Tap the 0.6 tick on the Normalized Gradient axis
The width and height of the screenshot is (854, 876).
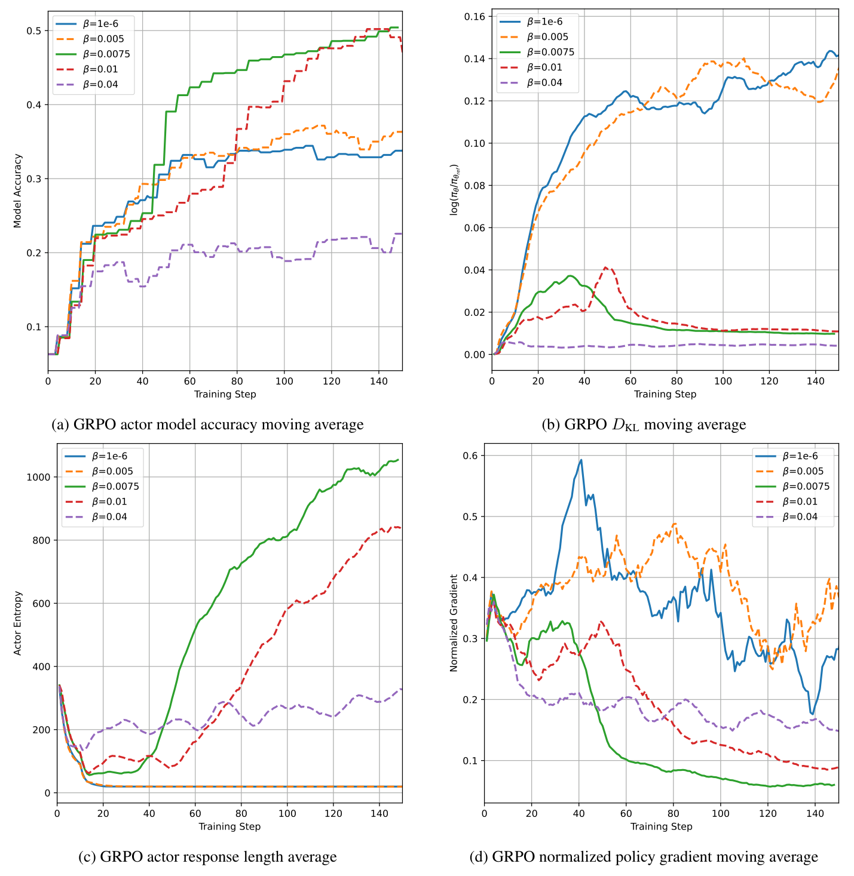pyautogui.click(x=472, y=456)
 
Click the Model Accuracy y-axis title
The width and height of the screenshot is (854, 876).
pyautogui.click(x=18, y=190)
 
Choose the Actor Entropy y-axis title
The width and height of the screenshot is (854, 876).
pyautogui.click(x=18, y=623)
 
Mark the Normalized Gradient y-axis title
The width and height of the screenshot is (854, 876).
pyautogui.click(x=454, y=623)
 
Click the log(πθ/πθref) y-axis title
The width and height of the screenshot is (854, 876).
pyautogui.click(x=455, y=189)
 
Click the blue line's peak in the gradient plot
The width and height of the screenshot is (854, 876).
pyautogui.click(x=580, y=460)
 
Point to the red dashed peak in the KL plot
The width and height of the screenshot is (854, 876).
pyautogui.click(x=605, y=268)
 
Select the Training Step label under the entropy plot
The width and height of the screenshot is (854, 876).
pyautogui.click(x=229, y=826)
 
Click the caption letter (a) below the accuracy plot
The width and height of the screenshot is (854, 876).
pyautogui.click(x=60, y=425)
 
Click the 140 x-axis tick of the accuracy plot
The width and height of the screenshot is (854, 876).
pyautogui.click(x=378, y=380)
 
